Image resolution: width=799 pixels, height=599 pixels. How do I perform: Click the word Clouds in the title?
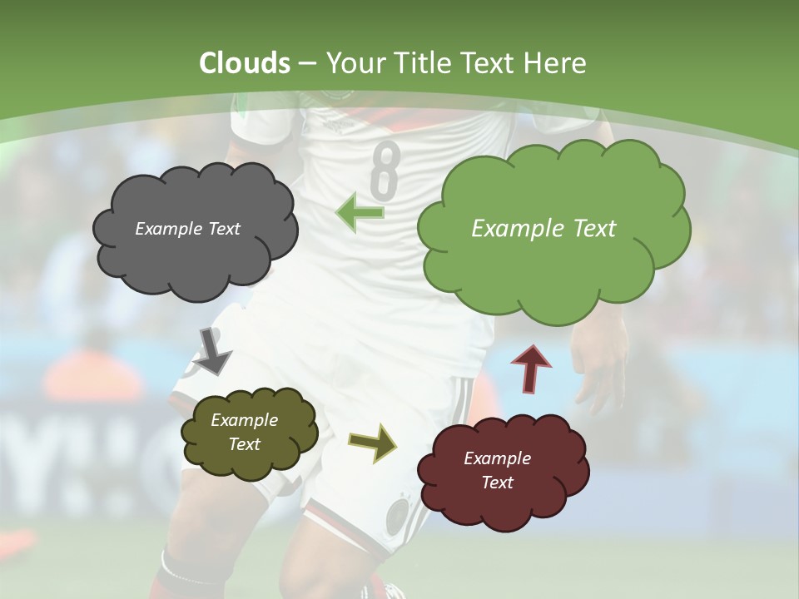(x=245, y=63)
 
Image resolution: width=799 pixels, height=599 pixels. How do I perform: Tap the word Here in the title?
(x=553, y=63)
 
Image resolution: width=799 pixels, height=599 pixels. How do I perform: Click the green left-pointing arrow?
(x=360, y=212)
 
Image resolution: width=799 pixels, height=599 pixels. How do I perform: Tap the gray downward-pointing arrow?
(x=213, y=350)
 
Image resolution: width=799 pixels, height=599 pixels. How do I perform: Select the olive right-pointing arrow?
(x=372, y=442)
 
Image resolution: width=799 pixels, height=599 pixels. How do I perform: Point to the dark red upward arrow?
(x=530, y=369)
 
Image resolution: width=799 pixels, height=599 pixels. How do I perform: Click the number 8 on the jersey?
(x=384, y=168)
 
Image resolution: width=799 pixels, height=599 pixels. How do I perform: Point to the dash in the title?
(x=307, y=63)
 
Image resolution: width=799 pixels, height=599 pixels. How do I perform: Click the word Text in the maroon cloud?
(x=498, y=483)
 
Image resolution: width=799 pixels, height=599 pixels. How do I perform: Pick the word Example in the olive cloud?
(x=244, y=421)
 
